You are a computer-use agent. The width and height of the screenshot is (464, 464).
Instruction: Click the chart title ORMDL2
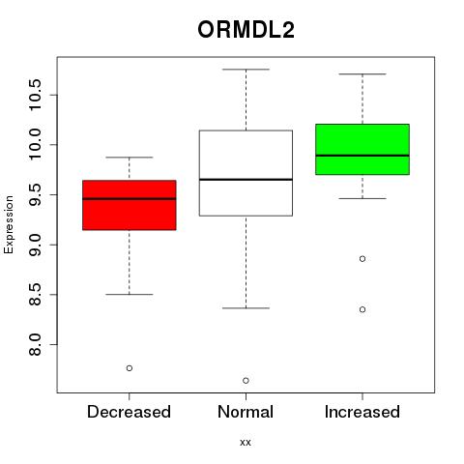click(246, 30)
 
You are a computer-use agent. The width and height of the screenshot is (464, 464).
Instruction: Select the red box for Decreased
click(130, 205)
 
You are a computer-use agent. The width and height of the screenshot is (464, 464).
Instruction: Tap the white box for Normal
click(246, 173)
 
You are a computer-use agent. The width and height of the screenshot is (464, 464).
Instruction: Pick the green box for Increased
click(362, 149)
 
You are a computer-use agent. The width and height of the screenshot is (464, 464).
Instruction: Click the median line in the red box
click(130, 198)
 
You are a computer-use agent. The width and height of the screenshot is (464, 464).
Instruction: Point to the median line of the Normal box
click(246, 179)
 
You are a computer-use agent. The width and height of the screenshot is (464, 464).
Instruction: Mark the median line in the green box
click(362, 156)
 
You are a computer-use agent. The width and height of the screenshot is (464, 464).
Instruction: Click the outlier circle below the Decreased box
click(130, 368)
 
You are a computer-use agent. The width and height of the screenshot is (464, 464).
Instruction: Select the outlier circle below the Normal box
click(246, 381)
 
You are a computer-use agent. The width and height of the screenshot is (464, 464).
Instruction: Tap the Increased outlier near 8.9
click(362, 259)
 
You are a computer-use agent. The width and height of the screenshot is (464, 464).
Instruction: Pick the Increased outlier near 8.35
click(362, 309)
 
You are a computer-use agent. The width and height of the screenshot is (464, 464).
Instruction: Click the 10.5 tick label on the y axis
click(35, 95)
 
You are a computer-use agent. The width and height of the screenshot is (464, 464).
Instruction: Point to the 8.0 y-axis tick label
click(35, 344)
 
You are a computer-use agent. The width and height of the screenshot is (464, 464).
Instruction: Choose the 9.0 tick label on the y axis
click(35, 245)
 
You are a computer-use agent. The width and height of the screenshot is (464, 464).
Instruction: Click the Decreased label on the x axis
click(129, 412)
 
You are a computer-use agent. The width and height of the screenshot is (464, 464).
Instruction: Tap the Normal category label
click(246, 412)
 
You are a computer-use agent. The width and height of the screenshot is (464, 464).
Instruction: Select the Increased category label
click(362, 412)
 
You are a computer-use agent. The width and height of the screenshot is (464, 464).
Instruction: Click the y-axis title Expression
click(9, 224)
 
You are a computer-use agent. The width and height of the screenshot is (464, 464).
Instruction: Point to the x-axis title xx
click(246, 443)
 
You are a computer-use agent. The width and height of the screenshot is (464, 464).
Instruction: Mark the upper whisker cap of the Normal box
click(246, 70)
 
